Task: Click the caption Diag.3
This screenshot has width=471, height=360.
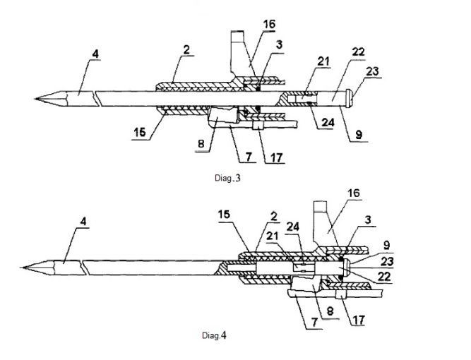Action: tap(227, 178)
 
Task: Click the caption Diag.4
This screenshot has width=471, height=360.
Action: tap(214, 335)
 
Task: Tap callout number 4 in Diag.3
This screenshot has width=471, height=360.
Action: tap(95, 54)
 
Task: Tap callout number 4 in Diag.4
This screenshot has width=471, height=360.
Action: tap(83, 222)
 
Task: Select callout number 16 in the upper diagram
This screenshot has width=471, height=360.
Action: tap(269, 24)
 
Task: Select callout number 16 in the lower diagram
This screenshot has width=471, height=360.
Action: tap(354, 193)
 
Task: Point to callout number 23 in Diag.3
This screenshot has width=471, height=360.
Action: tap(372, 71)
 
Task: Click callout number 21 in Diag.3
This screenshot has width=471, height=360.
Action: tap(323, 61)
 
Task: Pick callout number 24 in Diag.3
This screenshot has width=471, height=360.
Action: tap(328, 123)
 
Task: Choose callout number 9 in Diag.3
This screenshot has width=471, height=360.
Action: tap(359, 135)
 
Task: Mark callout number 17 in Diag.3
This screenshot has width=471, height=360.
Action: tap(277, 157)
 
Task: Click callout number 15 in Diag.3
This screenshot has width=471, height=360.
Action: tap(140, 132)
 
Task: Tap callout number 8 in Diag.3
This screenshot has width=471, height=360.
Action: tap(201, 145)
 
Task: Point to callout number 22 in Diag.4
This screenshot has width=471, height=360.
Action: tap(384, 276)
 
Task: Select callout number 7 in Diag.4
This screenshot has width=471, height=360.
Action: tap(314, 323)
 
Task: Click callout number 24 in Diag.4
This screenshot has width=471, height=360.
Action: tap(292, 227)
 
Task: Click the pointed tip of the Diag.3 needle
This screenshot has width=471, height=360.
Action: tap(35, 99)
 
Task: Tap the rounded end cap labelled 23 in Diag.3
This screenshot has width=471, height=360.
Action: tap(349, 99)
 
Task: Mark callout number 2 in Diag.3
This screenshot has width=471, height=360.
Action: tap(186, 50)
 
